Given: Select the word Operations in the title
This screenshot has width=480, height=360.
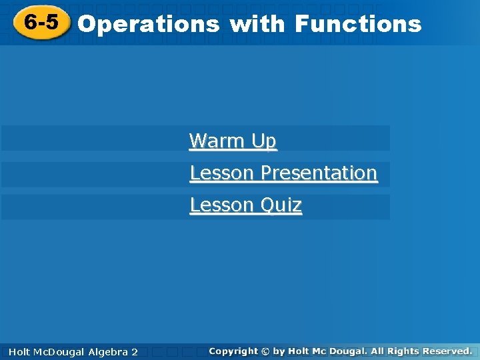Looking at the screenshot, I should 149,25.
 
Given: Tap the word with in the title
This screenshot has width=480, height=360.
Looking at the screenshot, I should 257,25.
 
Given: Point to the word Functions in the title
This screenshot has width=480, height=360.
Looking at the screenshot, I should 358,25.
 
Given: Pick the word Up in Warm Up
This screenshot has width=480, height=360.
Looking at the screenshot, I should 263,141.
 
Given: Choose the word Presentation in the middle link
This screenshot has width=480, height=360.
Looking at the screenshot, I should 319,173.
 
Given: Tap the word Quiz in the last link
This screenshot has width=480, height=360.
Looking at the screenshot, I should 281,205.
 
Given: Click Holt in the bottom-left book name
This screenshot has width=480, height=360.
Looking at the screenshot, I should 20,351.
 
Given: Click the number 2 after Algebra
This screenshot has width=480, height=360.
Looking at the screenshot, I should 135,351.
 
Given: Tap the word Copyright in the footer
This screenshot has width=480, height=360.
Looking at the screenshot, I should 233,351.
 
